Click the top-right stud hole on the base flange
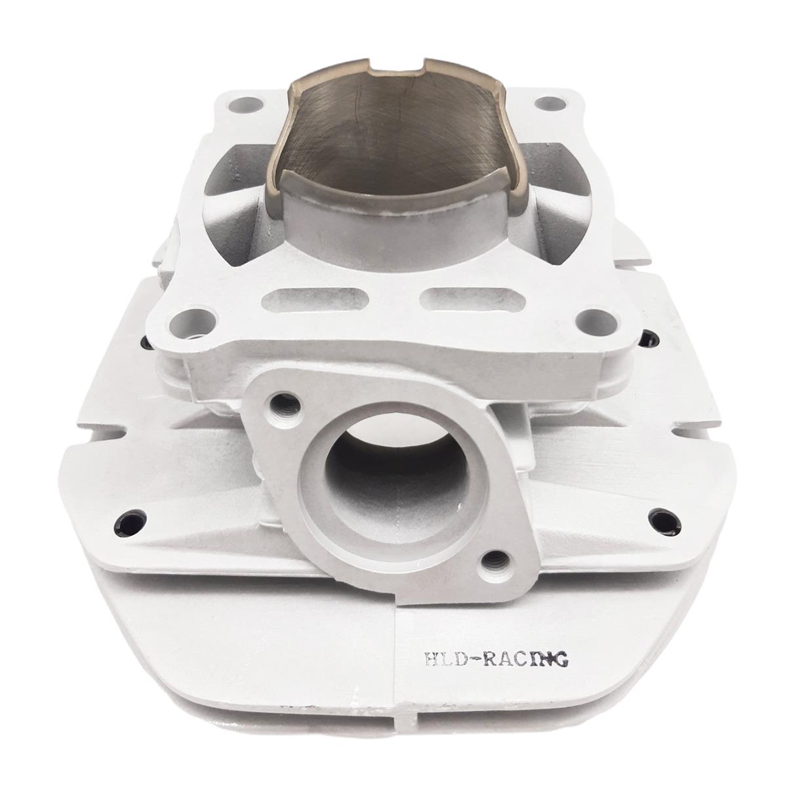(550, 102)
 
